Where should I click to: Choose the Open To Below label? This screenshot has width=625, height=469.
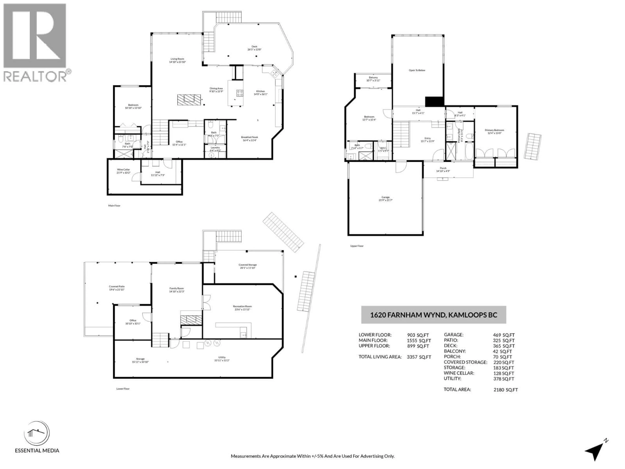coord(417,70)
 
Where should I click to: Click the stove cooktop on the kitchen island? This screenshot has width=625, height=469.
coord(240,93)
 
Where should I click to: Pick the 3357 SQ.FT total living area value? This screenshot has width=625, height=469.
coord(419,357)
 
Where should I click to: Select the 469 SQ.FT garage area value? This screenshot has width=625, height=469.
coord(504,335)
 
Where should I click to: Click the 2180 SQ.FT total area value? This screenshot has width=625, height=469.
coord(506,390)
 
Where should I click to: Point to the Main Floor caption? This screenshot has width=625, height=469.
coord(114,206)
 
